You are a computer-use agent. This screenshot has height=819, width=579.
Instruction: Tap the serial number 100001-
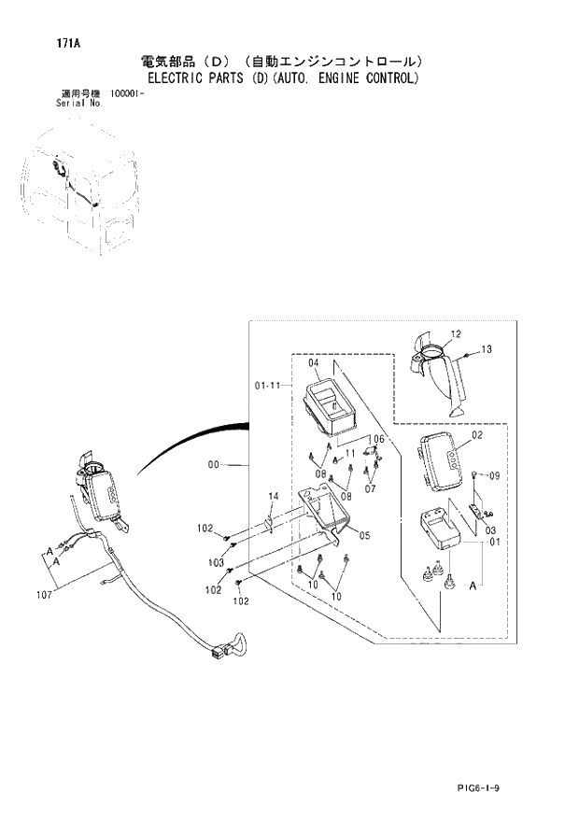(x=128, y=93)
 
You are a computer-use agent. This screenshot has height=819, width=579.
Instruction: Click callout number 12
(x=456, y=333)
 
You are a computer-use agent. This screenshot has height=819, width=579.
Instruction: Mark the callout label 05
(x=364, y=535)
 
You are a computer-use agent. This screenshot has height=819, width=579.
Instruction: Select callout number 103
(x=216, y=563)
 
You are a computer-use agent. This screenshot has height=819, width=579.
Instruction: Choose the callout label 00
(x=213, y=464)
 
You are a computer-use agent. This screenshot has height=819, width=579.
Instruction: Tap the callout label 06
(x=377, y=439)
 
